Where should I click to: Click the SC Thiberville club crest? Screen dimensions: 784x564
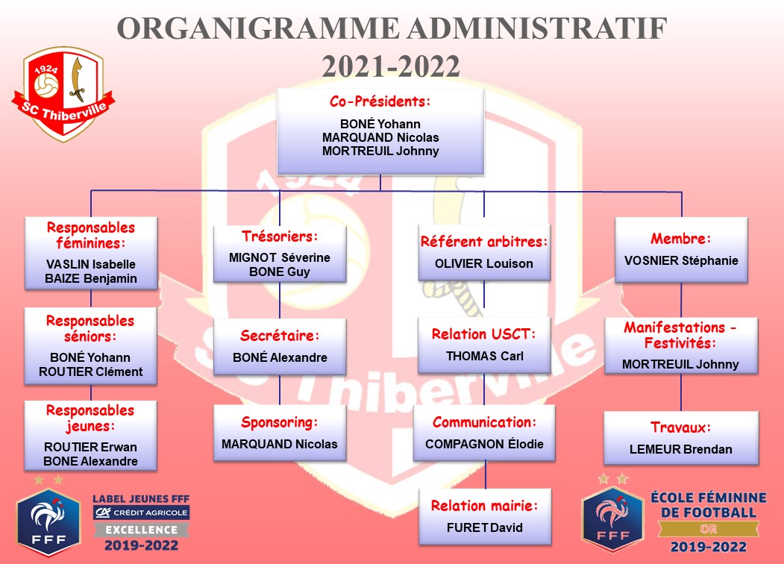pos(63,94)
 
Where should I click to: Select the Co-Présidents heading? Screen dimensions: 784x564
pos(380,101)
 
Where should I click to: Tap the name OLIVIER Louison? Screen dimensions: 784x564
pos(484,263)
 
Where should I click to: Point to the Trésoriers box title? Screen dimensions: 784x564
pos(280,236)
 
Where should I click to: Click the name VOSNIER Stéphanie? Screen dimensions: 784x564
pos(681,260)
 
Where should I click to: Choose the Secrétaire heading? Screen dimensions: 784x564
pos(280,335)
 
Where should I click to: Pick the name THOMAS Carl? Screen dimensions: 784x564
pos(485,356)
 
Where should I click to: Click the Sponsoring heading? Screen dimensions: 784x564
pos(280,422)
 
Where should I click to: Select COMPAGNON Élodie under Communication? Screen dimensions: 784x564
pos(484,443)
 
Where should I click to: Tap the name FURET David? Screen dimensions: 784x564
pos(485,527)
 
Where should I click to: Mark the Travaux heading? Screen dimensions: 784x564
pos(681,427)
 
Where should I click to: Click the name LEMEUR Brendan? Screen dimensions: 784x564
pos(681,450)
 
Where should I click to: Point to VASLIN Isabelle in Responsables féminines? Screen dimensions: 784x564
pos(91,264)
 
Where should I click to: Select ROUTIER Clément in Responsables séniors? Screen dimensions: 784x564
pos(90,372)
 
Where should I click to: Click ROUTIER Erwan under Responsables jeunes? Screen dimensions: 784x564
pos(90,446)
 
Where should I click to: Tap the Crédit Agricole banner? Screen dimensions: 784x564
pos(142,513)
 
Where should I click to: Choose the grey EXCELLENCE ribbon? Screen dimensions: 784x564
pos(142,530)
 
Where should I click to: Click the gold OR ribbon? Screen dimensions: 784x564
pos(709,529)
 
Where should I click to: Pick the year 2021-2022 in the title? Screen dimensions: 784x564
pos(391,66)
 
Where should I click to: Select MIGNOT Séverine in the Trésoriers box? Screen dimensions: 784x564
pos(280,257)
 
